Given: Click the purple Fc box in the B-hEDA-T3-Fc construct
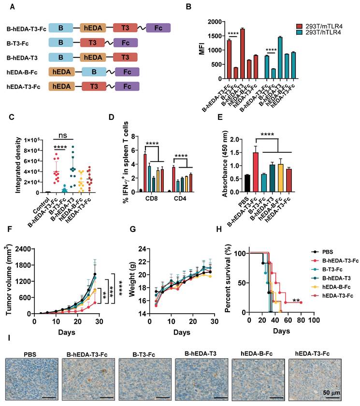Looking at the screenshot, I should click(158, 29).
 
